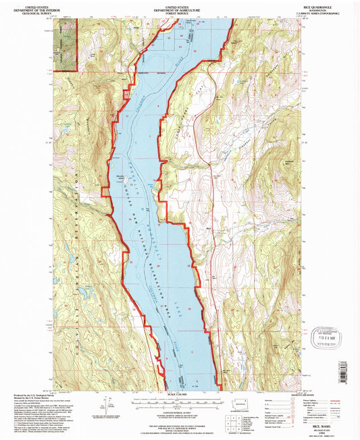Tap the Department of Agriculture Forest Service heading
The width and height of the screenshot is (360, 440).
click(180, 7)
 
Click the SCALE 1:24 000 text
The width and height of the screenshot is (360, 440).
click(180, 394)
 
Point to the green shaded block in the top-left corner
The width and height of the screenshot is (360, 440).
click(65, 45)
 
